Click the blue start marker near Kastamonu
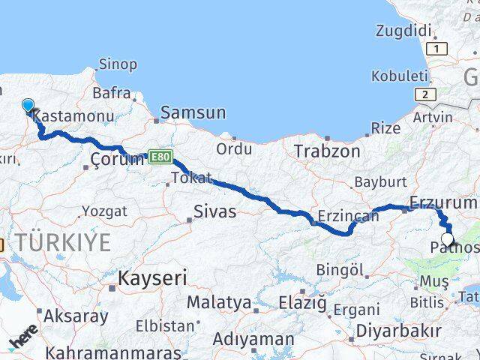pos(28,106)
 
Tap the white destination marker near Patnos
pos(447,240)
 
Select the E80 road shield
pos(159,157)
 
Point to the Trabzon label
pos(327,151)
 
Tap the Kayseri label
pos(149,278)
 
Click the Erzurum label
pos(443,202)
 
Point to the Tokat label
pos(187,178)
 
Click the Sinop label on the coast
pos(118,64)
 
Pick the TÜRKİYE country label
pos(64,242)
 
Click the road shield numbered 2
pos(426,94)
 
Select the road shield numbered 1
pos(439,49)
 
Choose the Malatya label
pos(218,303)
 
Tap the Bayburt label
pos(380,182)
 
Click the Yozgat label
pos(104,211)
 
